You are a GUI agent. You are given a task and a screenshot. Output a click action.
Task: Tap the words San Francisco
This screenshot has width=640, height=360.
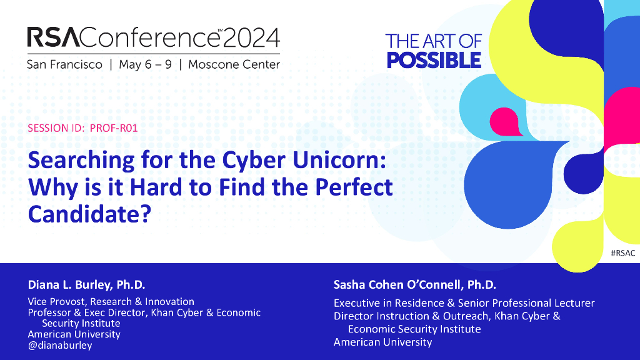(x=64, y=64)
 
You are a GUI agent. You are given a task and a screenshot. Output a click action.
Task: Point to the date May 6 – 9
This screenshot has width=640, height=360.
(x=145, y=64)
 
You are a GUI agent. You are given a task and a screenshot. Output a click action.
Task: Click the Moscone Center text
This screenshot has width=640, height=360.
(x=234, y=64)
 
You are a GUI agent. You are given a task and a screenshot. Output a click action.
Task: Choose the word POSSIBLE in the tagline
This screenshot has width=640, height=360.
(x=434, y=61)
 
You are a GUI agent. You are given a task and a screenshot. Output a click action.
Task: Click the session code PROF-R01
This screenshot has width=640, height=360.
(x=114, y=128)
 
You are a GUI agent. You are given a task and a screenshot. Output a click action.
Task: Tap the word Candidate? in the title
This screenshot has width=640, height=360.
(x=89, y=214)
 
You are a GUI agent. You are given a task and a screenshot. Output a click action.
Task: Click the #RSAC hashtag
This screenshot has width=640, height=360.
(x=623, y=253)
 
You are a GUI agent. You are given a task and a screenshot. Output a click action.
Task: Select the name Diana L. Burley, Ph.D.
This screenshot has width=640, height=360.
(x=86, y=284)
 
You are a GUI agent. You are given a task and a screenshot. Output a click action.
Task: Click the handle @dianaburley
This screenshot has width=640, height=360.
(x=60, y=345)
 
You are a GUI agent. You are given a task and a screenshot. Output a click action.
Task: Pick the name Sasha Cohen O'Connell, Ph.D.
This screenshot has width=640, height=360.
(x=415, y=284)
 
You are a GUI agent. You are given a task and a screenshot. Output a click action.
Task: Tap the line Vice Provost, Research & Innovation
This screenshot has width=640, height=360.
(x=111, y=302)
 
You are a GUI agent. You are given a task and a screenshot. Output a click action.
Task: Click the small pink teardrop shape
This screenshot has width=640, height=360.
(x=505, y=122)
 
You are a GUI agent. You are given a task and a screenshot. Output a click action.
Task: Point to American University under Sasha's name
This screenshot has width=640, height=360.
(x=383, y=342)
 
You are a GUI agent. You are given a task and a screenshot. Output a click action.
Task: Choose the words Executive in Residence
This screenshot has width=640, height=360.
(x=389, y=303)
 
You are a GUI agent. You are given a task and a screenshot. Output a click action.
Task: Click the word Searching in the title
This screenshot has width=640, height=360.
(x=81, y=161)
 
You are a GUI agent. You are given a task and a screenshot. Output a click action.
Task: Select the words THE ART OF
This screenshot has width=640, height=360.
(x=434, y=42)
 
